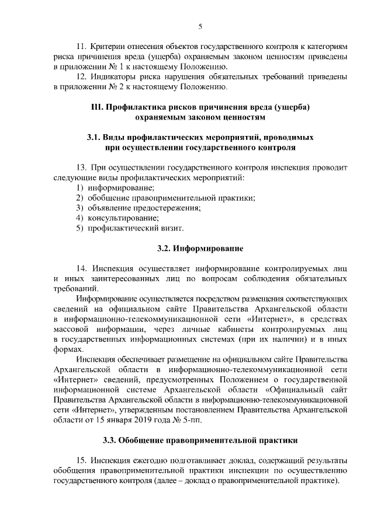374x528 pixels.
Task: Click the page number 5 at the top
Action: point(200,26)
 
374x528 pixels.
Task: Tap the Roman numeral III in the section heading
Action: point(98,107)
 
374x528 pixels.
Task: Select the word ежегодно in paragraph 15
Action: point(159,459)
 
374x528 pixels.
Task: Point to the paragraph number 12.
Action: point(82,78)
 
